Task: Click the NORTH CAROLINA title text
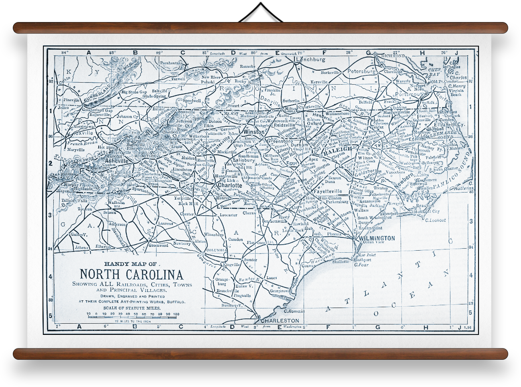[x=132, y=274]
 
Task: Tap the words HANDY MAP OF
[x=130, y=264]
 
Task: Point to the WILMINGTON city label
[x=377, y=238]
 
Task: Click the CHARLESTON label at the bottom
[x=280, y=320]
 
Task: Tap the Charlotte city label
[x=230, y=185]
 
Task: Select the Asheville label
[x=117, y=161]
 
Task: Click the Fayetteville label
[x=328, y=191]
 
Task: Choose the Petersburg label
[x=361, y=71]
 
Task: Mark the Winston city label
[x=254, y=132]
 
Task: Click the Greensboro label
[x=280, y=141]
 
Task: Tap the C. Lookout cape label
[x=435, y=220]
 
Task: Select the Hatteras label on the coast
[x=464, y=188]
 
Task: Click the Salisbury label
[x=243, y=160]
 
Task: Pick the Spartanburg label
[x=143, y=193]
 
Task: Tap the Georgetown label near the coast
[x=279, y=291]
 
